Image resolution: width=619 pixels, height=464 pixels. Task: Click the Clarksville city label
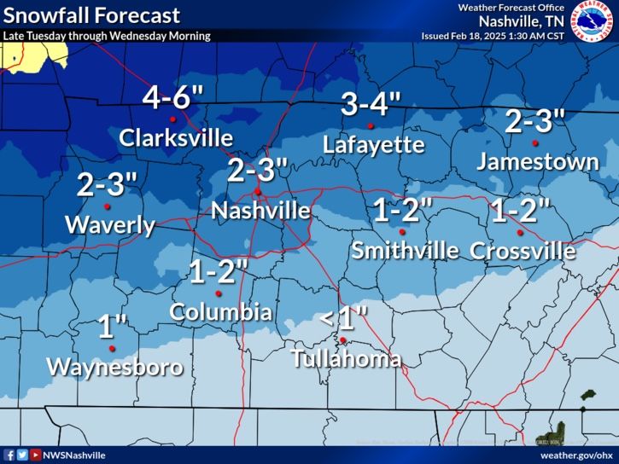[176, 138]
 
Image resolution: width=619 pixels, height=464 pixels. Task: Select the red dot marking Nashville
[258, 192]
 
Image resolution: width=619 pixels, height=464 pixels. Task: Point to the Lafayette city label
[374, 145]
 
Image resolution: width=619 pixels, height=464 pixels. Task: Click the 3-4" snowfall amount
[371, 105]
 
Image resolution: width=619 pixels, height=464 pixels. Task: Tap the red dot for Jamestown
[535, 142]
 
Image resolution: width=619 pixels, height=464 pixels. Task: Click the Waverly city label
[110, 225]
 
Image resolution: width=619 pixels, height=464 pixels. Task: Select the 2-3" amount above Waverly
[108, 184]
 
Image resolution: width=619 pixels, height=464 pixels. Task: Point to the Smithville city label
[405, 251]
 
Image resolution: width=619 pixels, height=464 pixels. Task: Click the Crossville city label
[523, 251]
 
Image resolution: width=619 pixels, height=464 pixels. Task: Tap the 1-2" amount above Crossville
[520, 210]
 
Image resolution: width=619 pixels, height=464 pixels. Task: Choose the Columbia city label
[221, 311]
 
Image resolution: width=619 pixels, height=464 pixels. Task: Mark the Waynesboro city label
[114, 368]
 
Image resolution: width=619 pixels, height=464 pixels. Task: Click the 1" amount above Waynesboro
[112, 327]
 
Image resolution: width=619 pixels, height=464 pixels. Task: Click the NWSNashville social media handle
[73, 455]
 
